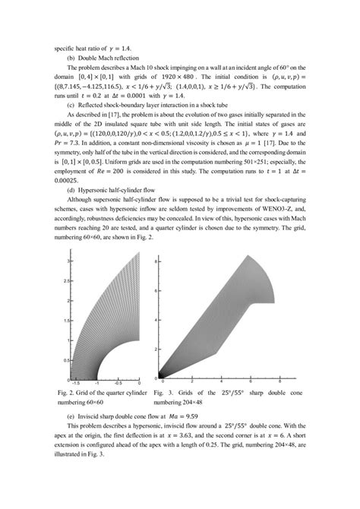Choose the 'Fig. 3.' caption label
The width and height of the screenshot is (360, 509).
pos(166,393)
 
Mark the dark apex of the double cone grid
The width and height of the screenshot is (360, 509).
pos(163,375)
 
